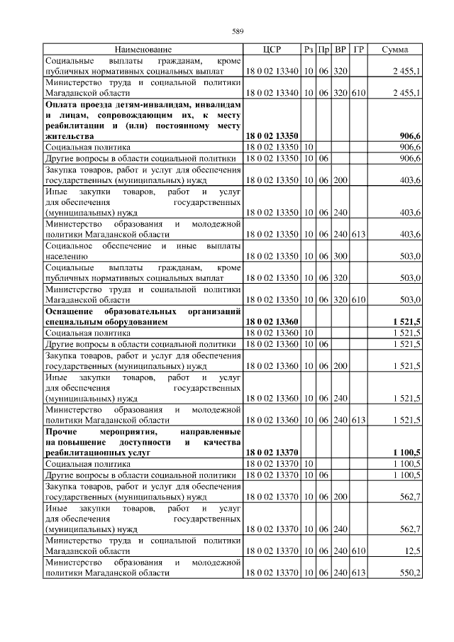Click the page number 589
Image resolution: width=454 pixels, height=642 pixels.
pos(238,31)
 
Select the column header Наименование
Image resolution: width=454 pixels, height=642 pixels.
pos(143,50)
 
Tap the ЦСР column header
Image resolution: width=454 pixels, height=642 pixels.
pos(272,50)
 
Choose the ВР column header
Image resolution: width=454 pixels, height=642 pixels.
pos(340,50)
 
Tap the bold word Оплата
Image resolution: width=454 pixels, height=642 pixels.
pos(62,104)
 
